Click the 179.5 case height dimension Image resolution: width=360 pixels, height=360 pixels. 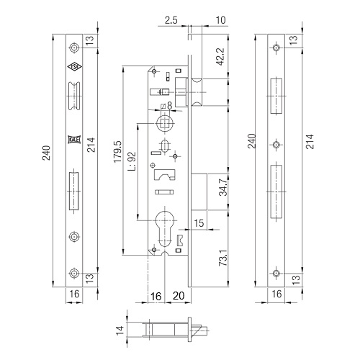click(x=118, y=152)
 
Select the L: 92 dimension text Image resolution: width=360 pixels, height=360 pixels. click(x=132, y=161)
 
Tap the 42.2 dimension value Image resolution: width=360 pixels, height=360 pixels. click(x=220, y=57)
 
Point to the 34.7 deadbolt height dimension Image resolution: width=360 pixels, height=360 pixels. click(x=223, y=187)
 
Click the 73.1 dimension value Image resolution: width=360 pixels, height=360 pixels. click(x=223, y=258)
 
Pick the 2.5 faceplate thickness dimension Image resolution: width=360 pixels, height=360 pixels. click(x=171, y=20)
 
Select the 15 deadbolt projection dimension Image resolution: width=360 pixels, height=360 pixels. click(x=199, y=223)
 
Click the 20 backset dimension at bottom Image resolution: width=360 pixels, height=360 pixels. click(x=179, y=296)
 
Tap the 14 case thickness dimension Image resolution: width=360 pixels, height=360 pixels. click(x=121, y=330)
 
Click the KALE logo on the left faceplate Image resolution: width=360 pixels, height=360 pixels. click(x=74, y=140)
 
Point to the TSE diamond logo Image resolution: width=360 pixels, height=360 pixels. click(x=74, y=67)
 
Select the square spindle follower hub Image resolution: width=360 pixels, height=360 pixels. click(x=164, y=123)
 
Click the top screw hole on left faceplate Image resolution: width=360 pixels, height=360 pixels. click(x=74, y=48)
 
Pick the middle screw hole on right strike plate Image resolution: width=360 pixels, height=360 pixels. click(x=276, y=145)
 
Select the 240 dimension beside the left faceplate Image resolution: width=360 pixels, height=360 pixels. click(x=46, y=153)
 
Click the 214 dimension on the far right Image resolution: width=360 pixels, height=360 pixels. click(x=310, y=142)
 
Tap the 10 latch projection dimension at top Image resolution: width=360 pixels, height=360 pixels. click(x=221, y=20)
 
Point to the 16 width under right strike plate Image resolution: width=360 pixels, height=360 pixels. click(x=276, y=294)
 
